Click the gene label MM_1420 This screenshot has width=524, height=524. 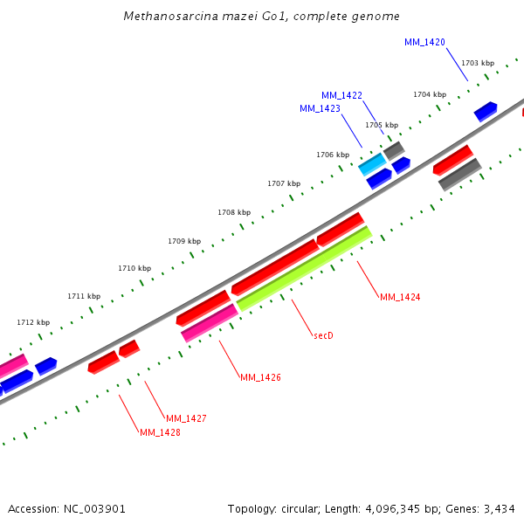424,42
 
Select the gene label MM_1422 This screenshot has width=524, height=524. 341,95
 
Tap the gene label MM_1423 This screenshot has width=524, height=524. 320,108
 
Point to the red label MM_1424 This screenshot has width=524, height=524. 400,297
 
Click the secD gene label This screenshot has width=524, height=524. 324,335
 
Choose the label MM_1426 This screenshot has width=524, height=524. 260,377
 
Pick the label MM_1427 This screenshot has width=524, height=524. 186,418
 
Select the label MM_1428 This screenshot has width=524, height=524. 160,432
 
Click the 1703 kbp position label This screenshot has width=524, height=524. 478,63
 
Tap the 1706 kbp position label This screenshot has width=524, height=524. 333,155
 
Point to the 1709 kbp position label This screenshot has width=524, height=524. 184,241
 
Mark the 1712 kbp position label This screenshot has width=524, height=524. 33,323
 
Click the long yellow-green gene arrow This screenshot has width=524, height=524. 304,269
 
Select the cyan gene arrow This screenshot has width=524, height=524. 372,164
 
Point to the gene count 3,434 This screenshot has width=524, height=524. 499,508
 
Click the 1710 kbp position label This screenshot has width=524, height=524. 134,268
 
